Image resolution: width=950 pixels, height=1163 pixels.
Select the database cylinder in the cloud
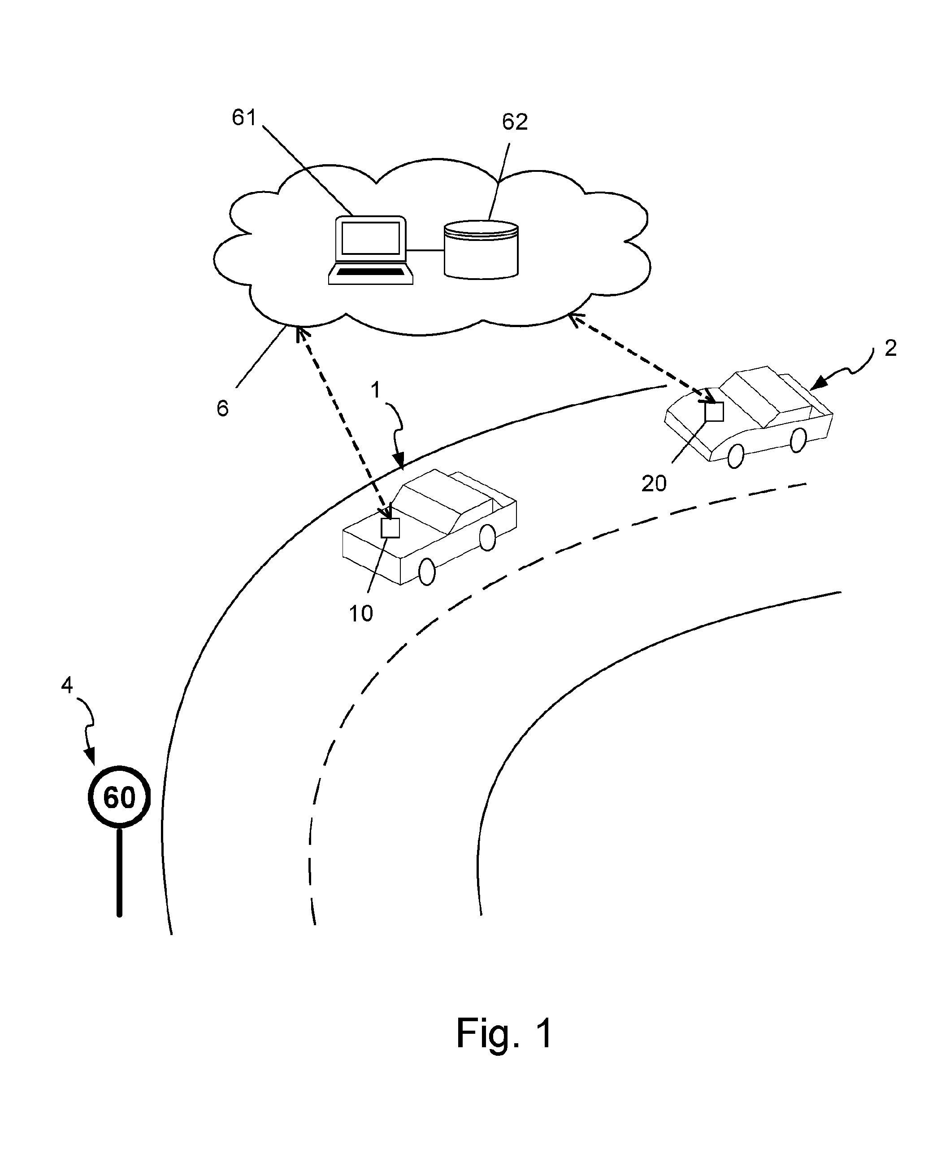click(x=481, y=249)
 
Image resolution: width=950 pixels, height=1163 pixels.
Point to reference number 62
click(x=515, y=122)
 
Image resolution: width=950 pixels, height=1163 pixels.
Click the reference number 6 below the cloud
click(x=222, y=408)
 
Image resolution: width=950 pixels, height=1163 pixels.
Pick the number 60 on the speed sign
click(x=119, y=797)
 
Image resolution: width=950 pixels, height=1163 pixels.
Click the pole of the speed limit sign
click(x=119, y=872)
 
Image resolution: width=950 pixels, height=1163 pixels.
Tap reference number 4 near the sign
click(x=67, y=685)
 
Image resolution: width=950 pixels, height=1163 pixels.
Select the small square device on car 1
click(x=390, y=528)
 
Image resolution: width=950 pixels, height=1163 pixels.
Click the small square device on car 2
click(x=714, y=412)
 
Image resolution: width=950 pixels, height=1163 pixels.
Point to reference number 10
click(x=361, y=614)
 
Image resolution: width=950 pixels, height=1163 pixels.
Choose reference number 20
click(x=654, y=484)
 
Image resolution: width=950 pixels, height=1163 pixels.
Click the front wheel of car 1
click(x=427, y=572)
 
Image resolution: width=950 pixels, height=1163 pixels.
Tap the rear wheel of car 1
click(x=488, y=537)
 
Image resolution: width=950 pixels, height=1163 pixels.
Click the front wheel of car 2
click(x=736, y=455)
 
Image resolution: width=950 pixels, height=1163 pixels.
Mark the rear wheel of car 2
click(x=798, y=440)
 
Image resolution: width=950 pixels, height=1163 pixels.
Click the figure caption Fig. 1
click(x=504, y=1034)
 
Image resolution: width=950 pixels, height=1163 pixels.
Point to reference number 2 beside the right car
click(x=890, y=348)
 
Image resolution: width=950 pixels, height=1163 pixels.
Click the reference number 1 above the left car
click(x=375, y=390)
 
